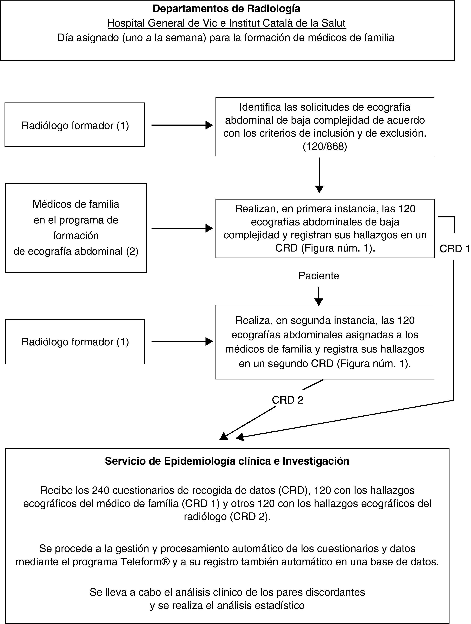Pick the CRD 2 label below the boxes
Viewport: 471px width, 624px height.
(287, 400)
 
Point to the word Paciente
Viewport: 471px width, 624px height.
(319, 276)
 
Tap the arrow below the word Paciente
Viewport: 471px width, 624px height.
(319, 296)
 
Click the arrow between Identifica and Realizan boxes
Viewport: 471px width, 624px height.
(319, 175)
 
